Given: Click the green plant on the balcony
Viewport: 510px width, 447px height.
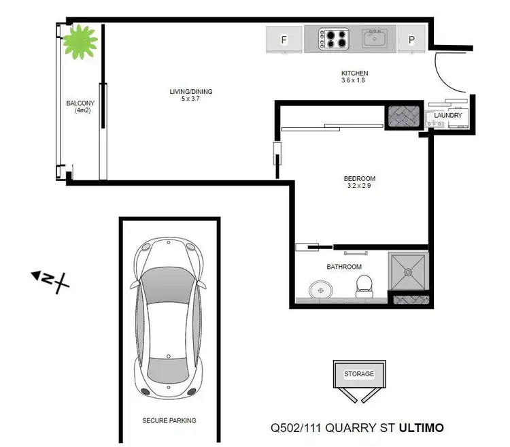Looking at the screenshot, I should coord(82,41).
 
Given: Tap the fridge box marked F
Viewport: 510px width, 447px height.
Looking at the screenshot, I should coord(284,40).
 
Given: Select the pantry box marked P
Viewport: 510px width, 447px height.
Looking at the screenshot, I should coord(411,40).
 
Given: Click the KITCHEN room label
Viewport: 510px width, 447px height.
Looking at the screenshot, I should coord(354,73).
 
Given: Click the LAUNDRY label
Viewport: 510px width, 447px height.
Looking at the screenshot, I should coord(448,116).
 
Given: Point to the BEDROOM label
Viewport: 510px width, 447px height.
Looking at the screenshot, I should coord(360,179).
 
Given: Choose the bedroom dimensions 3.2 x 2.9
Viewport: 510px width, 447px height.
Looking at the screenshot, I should coord(360,186).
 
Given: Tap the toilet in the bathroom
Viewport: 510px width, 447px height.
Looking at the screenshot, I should coord(364,285).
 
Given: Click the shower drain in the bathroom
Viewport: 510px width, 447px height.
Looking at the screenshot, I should coord(408,271).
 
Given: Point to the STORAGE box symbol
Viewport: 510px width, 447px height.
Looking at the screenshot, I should coord(358,375).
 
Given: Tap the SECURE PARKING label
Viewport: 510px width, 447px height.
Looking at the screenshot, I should coord(169,420).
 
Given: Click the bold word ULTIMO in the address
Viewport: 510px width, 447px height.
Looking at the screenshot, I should coord(421,428).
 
